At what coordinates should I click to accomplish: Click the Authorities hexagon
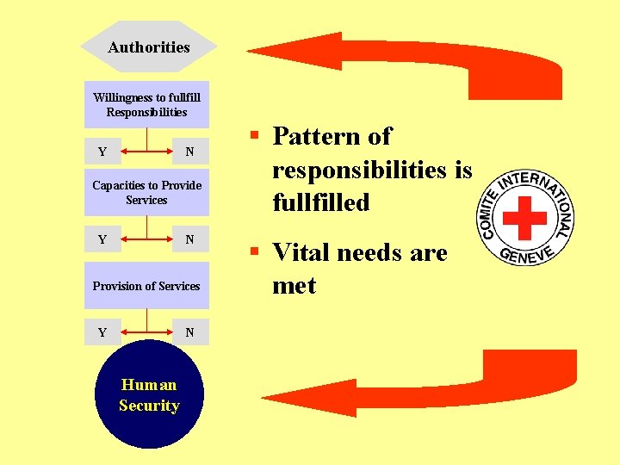pos(148,47)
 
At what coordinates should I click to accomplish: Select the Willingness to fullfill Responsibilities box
pos(146,105)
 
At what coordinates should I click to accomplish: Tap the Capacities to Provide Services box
pos(146,192)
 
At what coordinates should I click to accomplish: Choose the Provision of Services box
pos(146,286)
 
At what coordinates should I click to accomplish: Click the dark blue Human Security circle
pos(149,395)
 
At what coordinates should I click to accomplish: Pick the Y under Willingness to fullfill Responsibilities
pos(102,152)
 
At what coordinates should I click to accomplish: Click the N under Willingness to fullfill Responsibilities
pos(190,152)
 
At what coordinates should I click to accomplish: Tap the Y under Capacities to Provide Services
pos(102,239)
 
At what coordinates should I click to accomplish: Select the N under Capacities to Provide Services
pos(190,239)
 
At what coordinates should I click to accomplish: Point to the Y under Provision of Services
pos(102,332)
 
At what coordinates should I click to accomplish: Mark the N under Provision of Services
pos(190,332)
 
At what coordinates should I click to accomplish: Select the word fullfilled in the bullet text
pos(320,202)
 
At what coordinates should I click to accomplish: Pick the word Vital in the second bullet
pos(301,253)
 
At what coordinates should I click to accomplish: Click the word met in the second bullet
pos(294,285)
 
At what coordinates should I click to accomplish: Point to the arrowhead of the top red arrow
pos(276,53)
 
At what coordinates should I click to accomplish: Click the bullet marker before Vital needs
pos(255,251)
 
